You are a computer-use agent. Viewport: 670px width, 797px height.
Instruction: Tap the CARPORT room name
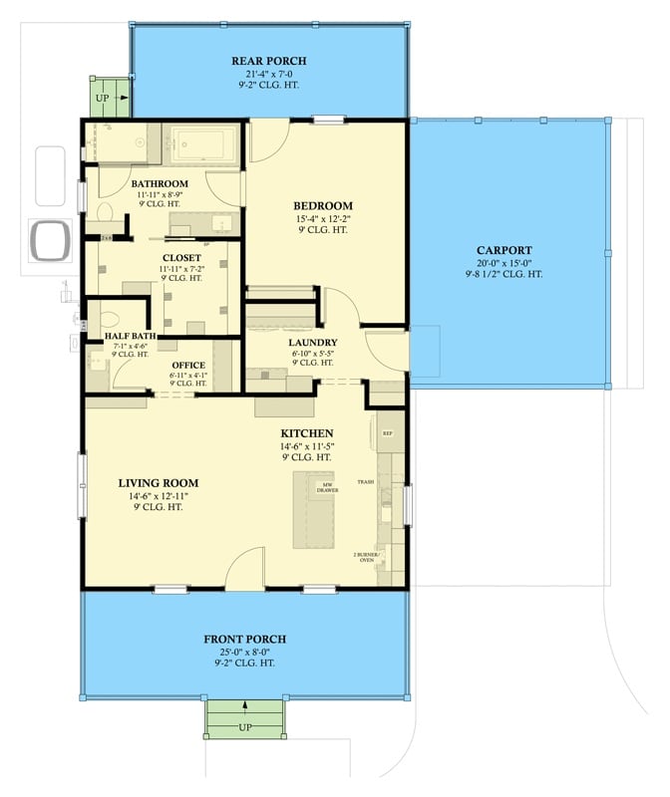pyautogui.click(x=503, y=250)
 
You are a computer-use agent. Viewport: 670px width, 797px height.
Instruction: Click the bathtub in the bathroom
pyautogui.click(x=203, y=145)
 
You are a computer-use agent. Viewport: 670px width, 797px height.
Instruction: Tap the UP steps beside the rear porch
pyautogui.click(x=109, y=98)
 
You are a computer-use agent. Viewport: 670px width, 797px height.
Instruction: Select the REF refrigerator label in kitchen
pyautogui.click(x=388, y=433)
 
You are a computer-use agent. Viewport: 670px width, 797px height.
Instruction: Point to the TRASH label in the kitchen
pyautogui.click(x=366, y=481)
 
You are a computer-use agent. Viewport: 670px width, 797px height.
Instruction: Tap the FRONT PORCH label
pyautogui.click(x=245, y=639)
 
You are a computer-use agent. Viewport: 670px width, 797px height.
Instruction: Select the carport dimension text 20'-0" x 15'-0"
pyautogui.click(x=503, y=263)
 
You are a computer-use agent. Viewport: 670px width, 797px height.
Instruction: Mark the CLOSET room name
pyautogui.click(x=181, y=257)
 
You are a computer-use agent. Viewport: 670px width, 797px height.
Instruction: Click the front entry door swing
pyautogui.click(x=244, y=573)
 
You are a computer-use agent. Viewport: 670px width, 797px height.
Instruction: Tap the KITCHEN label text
pyautogui.click(x=306, y=432)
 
